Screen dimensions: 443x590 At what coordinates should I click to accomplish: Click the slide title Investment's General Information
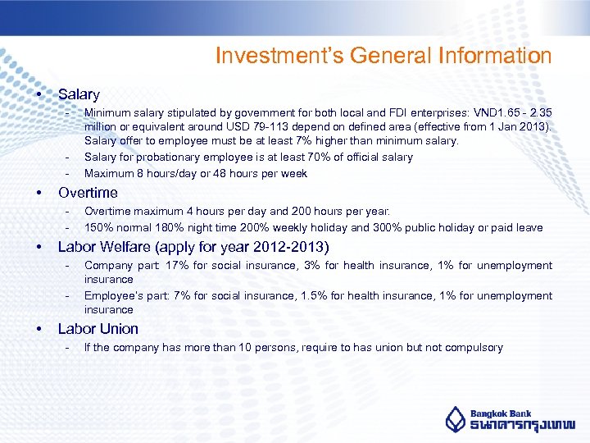pyautogui.click(x=383, y=57)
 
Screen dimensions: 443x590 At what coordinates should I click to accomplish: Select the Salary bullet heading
pyautogui.click(x=79, y=95)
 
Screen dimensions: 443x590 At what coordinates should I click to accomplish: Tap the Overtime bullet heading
pyautogui.click(x=88, y=193)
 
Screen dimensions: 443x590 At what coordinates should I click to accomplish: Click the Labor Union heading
pyautogui.click(x=98, y=329)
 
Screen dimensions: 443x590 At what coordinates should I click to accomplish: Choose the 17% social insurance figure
pyautogui.click(x=177, y=265)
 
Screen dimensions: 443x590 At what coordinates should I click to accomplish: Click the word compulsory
pyautogui.click(x=473, y=348)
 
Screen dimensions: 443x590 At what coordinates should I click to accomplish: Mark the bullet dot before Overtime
pyautogui.click(x=39, y=193)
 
